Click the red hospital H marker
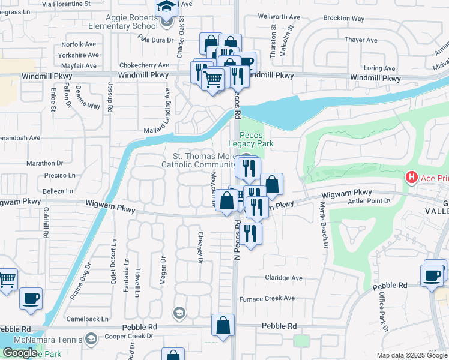[412, 178]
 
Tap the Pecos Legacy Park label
[256, 139]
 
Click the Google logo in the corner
[20, 353]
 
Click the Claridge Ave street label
[284, 278]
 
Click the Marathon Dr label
[45, 163]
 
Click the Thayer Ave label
[361, 40]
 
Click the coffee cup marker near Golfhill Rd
[31, 298]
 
